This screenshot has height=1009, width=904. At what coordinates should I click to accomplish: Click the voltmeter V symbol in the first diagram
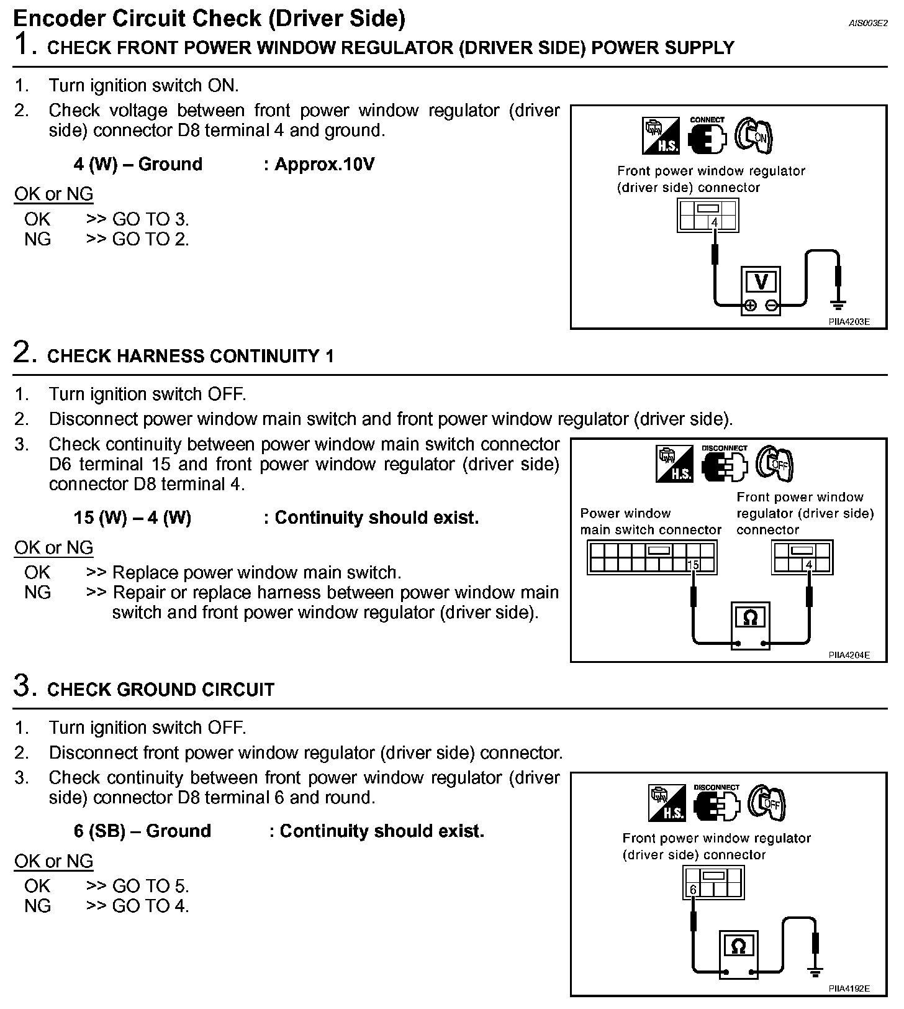[761, 283]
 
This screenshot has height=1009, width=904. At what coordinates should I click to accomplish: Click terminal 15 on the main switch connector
[693, 565]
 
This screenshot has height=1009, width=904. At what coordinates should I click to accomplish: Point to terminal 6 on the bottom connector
[694, 890]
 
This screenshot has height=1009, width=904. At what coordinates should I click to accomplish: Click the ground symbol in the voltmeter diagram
[838, 304]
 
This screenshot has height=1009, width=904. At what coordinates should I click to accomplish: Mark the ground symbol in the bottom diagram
[815, 972]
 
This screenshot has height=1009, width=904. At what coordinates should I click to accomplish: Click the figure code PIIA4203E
[848, 322]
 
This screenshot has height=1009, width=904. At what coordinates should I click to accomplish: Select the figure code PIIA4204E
[848, 655]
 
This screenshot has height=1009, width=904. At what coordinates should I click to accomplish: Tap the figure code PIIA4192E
[848, 988]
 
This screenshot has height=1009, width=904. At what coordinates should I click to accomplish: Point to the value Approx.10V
[325, 164]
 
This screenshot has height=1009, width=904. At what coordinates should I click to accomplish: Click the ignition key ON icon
[754, 135]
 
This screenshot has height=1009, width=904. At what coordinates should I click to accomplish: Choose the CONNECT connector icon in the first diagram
[707, 135]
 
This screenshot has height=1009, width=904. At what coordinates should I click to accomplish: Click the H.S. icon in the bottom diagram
[666, 802]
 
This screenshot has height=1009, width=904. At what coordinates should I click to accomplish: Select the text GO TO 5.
[150, 886]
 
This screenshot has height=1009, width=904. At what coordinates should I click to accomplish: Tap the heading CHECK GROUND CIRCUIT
[161, 690]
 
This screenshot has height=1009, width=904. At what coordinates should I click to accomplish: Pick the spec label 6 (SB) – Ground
[142, 831]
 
